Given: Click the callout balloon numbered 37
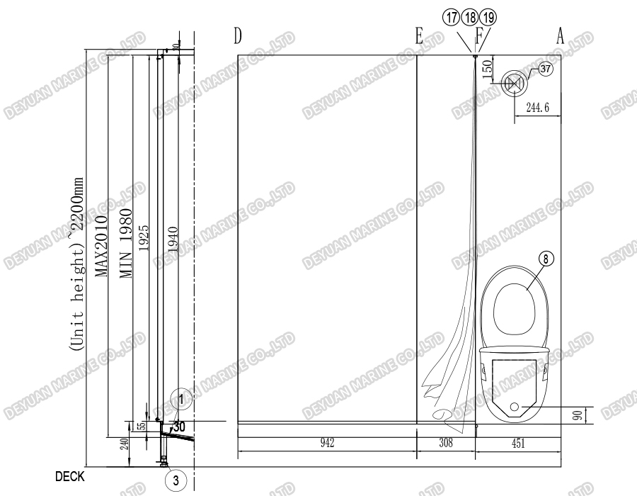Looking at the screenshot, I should pos(545,69).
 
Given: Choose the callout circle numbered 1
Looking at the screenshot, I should pos(181,399).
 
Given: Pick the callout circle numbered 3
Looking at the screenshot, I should pos(176,480).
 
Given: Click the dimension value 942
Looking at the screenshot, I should pos(326,444).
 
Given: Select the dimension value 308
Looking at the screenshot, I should pos(445,444).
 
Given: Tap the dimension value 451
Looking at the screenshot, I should pos(518,444).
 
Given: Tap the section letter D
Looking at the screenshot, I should pos(238,35).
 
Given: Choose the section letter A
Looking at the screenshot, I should pos(560,35).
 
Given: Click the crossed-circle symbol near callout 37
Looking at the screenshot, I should pos(514,82).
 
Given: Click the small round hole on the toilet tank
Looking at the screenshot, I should pos(515,407).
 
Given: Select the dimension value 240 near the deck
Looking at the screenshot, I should pos(124,444).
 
